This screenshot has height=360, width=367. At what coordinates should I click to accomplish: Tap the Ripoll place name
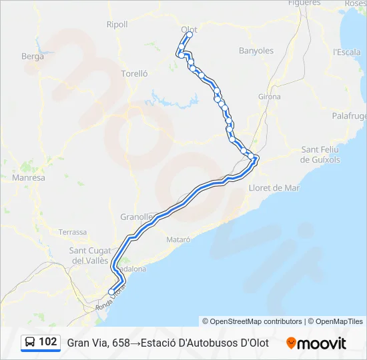click(x=117, y=25)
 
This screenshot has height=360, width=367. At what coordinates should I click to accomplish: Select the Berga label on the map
click(x=33, y=57)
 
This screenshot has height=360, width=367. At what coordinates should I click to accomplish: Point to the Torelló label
click(x=134, y=74)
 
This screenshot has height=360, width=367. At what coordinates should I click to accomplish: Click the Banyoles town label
click(x=256, y=51)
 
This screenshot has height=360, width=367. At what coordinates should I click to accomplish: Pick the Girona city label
click(x=270, y=97)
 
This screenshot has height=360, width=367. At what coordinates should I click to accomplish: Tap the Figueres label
click(x=285, y=3)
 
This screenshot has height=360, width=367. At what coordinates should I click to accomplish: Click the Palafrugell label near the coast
click(x=350, y=116)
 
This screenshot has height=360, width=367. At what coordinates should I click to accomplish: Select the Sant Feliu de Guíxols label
click(x=321, y=155)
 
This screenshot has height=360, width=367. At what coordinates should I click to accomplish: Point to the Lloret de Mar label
click(x=274, y=188)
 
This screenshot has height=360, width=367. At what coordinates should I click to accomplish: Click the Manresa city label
click(x=29, y=178)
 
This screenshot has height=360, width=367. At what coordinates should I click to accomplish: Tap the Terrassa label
click(x=73, y=232)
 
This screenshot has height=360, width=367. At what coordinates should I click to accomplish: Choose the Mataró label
click(x=178, y=239)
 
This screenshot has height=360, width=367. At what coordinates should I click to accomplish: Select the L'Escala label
click(x=346, y=52)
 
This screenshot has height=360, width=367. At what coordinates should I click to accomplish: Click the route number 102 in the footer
click(x=47, y=342)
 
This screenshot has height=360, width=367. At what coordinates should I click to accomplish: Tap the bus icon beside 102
click(x=30, y=343)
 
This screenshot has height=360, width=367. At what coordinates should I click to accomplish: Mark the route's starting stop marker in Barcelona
click(x=111, y=291)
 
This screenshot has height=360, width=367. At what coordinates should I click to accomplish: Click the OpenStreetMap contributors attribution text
click(x=252, y=321)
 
